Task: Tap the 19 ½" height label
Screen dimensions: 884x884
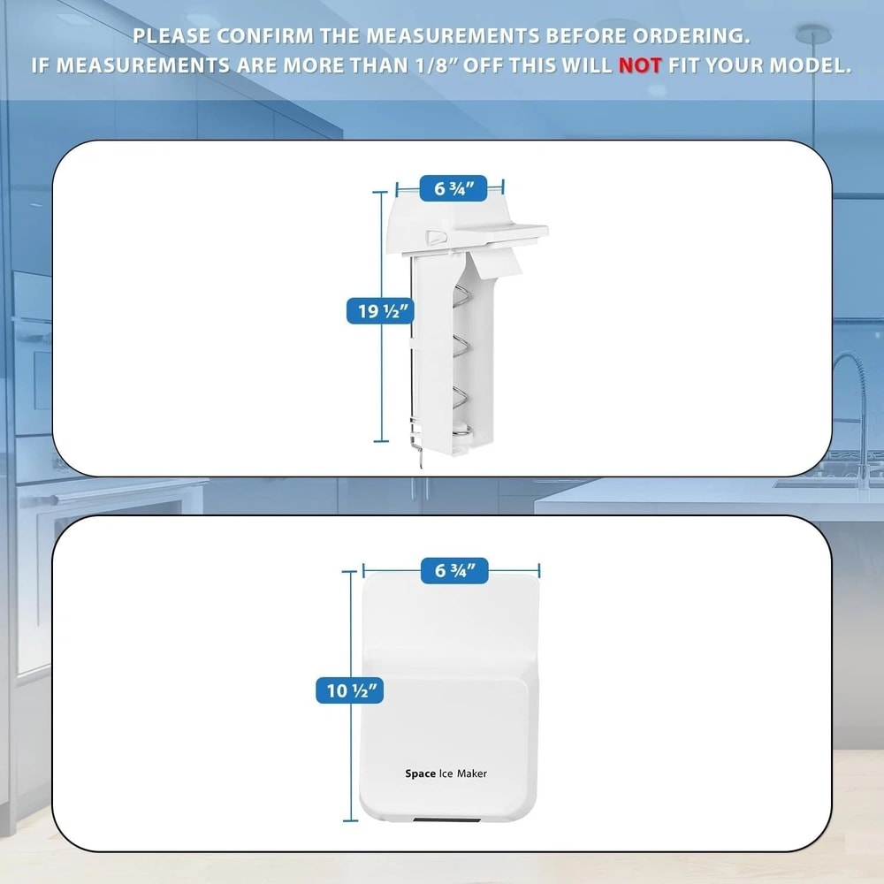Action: click(377, 310)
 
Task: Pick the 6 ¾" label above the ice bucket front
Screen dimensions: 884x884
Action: click(461, 571)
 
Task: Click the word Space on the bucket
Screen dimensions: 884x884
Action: click(420, 773)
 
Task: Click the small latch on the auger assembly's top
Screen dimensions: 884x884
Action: click(437, 236)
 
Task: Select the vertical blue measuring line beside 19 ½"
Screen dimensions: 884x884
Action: click(382, 371)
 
